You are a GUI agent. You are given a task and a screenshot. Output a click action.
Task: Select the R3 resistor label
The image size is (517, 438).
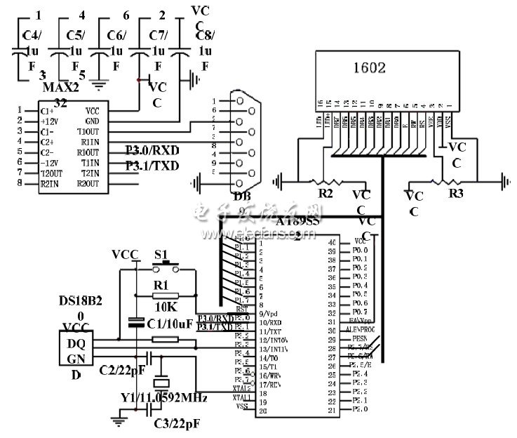tap(456, 190)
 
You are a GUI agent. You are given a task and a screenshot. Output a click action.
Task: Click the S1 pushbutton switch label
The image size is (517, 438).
tap(162, 253)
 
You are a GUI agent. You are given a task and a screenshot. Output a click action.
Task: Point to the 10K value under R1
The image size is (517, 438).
tap(165, 307)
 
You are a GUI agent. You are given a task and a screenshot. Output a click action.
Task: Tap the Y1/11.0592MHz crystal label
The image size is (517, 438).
tap(164, 397)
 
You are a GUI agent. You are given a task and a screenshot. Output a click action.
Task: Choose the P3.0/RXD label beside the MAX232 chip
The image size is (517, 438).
tap(152, 150)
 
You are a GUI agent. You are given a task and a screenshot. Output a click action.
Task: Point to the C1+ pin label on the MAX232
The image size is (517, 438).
tap(47, 111)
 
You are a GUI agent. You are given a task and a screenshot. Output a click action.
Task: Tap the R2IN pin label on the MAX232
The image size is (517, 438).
tap(49, 184)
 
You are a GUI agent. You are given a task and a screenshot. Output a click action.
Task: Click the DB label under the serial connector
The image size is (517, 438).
tap(241, 196)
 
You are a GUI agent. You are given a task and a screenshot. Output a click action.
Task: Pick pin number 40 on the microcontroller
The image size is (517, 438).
tap(331, 241)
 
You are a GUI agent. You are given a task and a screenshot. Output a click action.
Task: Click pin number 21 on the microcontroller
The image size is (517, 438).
tap(331, 409)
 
